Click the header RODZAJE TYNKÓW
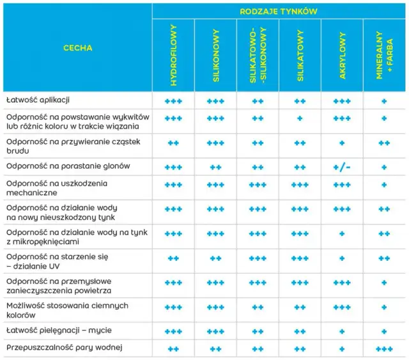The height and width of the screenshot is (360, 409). tap(279, 12)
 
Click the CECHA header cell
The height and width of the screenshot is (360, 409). tap(77, 48)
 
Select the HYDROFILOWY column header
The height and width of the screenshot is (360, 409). tap(173, 56)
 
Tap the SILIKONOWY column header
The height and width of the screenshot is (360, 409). tap(215, 56)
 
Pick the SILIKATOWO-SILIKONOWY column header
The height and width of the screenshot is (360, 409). tap(258, 56)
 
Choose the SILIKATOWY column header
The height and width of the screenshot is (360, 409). tap(300, 56)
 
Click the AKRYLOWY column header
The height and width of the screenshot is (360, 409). tap(342, 56)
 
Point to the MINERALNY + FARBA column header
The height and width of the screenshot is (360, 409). tap(384, 56)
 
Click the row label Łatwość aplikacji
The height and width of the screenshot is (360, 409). tap(38, 101)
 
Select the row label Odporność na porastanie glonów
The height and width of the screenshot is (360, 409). tap(68, 166)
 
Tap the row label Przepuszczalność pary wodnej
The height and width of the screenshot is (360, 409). tap(63, 348)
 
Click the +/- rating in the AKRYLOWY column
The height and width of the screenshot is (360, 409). tap(342, 167)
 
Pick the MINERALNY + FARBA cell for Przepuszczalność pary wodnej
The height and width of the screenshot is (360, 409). tap(384, 348)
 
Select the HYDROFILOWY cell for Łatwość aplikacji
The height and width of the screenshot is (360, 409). tap(173, 102)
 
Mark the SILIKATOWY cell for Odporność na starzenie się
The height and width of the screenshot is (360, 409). tap(300, 258)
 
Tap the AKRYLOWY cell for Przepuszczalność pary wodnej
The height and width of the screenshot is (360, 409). tap(342, 348)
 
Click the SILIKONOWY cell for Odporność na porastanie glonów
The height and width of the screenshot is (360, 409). tap(215, 167)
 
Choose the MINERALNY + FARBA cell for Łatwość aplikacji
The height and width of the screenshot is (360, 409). tap(384, 102)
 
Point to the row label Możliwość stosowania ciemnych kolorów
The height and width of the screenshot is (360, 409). tap(67, 310)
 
